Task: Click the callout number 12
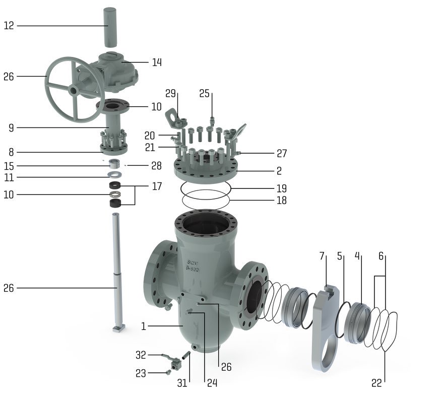(9, 26)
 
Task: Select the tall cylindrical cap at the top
(110, 28)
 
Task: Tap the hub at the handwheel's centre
(74, 91)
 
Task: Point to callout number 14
(157, 62)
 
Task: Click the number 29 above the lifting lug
(170, 93)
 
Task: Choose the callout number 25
(205, 93)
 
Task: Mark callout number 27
(282, 154)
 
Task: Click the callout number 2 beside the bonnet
(279, 171)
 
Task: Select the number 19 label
(282, 188)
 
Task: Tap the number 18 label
(282, 200)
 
